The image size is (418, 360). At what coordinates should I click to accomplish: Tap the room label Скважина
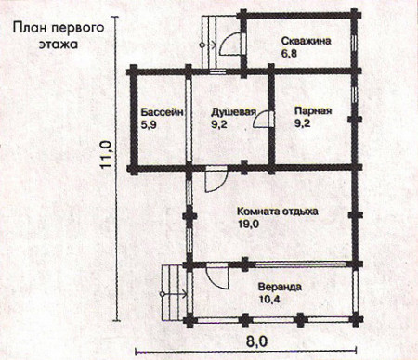click(306, 42)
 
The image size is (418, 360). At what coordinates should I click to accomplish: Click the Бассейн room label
click(163, 111)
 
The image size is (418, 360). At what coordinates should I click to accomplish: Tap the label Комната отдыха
click(278, 211)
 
